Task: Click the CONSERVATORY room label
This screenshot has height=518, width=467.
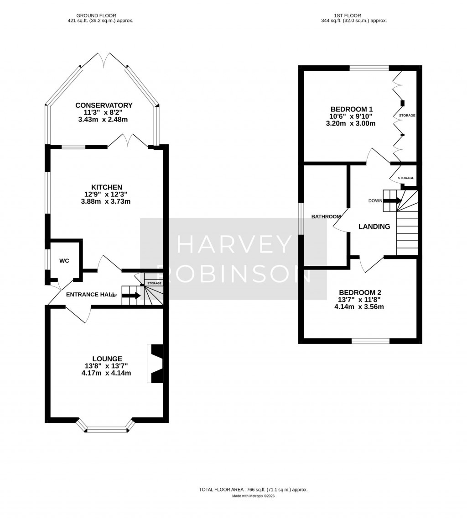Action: [104, 106]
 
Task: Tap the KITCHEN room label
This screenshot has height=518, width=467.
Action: [107, 187]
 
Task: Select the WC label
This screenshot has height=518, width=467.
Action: [64, 260]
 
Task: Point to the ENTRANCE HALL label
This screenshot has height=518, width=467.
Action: [89, 295]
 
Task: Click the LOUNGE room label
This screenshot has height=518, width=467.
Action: [107, 359]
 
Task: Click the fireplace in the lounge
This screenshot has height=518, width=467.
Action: [156, 363]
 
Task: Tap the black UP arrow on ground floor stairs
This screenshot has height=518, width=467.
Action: [131, 296]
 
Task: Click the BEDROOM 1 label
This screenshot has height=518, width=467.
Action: [352, 109]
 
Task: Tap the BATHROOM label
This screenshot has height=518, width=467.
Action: [326, 217]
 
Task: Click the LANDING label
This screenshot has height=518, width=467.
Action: [374, 227]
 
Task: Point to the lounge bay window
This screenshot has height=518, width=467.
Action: [107, 428]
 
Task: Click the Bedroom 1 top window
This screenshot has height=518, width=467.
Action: [369, 68]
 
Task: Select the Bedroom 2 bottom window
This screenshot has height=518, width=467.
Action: [370, 341]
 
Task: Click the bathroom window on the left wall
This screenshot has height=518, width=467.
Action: [301, 219]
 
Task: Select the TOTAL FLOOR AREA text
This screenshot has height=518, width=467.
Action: [253, 489]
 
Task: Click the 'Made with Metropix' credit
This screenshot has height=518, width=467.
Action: [253, 496]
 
